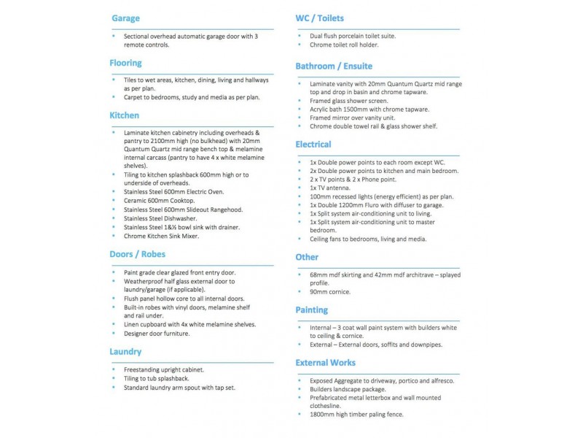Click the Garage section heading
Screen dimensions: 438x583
(x=125, y=18)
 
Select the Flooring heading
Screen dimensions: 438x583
(x=126, y=64)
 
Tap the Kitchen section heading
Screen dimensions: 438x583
(x=125, y=115)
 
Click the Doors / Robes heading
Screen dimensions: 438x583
(x=138, y=254)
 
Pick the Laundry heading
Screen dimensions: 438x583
(x=125, y=351)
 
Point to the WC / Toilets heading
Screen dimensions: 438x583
(x=320, y=18)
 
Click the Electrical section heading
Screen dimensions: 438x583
(x=313, y=145)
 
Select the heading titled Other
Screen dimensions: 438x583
(x=307, y=257)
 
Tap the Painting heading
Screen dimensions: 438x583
(x=312, y=310)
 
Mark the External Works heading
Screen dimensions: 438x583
(x=326, y=362)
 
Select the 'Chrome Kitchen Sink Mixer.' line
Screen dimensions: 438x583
(x=162, y=236)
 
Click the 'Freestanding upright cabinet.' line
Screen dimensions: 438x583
(x=163, y=370)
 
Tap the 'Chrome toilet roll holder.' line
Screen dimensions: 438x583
(x=344, y=45)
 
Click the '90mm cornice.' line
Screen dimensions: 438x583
(x=330, y=292)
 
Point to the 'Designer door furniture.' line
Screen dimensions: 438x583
(x=157, y=334)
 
